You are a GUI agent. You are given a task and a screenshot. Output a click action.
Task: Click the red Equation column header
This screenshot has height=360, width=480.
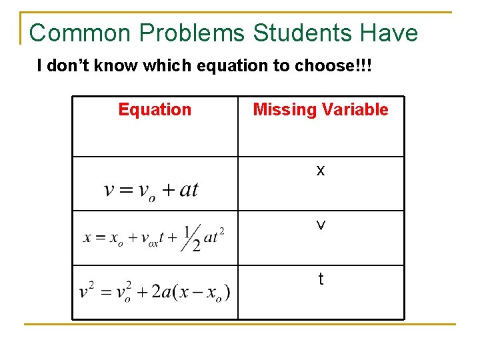[x=155, y=109]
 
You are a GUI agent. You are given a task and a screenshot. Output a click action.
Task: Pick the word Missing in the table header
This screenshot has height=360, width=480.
[x=281, y=109]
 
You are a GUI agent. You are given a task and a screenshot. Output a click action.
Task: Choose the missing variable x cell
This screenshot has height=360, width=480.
[x=321, y=171]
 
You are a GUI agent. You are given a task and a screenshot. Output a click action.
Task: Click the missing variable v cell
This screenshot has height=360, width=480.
[x=321, y=226]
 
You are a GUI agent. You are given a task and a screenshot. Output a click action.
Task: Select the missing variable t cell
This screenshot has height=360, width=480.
[x=321, y=280]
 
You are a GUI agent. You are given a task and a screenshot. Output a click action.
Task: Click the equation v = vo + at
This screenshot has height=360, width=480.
[x=151, y=190]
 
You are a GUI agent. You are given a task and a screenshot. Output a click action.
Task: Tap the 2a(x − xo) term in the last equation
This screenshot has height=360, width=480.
[x=191, y=293]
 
